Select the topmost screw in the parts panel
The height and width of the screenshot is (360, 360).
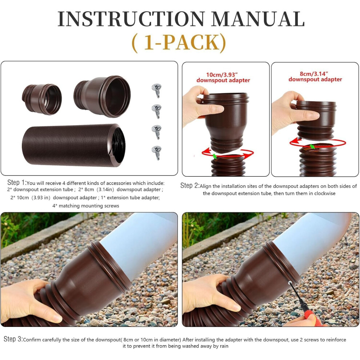pos(157,90)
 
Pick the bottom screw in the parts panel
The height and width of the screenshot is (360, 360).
pos(157,153)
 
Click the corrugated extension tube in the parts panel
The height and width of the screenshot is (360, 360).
pos(74,145)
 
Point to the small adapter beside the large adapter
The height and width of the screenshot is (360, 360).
pos(42,99)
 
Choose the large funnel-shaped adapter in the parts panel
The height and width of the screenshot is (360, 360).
pos(102,96)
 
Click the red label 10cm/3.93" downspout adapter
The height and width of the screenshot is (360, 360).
pos(223,77)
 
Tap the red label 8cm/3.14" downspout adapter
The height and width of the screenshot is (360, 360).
pos(315,77)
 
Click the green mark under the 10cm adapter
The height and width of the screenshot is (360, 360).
pos(215,156)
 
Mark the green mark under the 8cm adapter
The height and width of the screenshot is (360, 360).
pos(312,147)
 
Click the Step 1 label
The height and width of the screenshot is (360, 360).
pos(17,183)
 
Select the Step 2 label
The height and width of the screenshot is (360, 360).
pos(190,185)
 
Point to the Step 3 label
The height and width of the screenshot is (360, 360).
pos(13,339)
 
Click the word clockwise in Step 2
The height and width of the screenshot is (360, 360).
pos(325,193)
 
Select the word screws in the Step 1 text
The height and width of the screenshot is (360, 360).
pos(111,206)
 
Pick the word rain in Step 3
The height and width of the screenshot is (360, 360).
pos(224,346)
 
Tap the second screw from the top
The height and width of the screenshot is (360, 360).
pos(157,111)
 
